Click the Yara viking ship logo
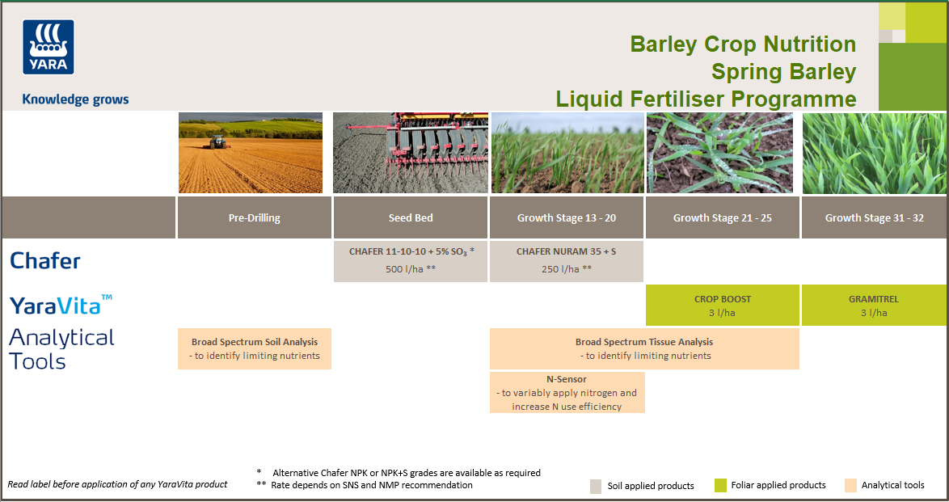[x=49, y=47]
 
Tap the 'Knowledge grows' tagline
[x=75, y=99]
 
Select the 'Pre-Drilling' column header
[x=255, y=217]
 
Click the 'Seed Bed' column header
[x=411, y=217]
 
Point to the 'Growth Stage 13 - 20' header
[x=567, y=217]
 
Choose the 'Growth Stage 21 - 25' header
[x=723, y=217]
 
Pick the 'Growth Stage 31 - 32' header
[x=874, y=217]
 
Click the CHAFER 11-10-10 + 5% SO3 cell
[x=411, y=260]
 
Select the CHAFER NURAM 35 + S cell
[x=567, y=260]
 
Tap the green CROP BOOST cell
[x=723, y=306]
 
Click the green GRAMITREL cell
[x=874, y=306]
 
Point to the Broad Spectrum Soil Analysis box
[x=255, y=348]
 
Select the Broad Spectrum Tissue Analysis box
[x=644, y=348]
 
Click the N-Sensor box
[x=567, y=392]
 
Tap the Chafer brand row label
[x=45, y=260]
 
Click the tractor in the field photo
[x=217, y=141]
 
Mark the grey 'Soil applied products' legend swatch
[x=596, y=486]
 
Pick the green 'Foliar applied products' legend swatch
[x=720, y=485]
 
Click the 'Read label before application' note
[x=117, y=484]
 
